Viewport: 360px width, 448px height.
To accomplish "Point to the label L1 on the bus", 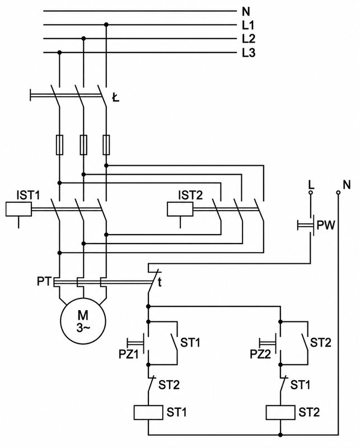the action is point(248,25).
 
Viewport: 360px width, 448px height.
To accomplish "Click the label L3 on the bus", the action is point(249,53).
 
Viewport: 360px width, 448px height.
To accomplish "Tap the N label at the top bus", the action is point(246,12).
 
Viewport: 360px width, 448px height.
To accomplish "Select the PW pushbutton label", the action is point(326,226).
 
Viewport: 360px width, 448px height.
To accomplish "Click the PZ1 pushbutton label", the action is point(129,354).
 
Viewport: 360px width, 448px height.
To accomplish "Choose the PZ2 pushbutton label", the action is point(260,354).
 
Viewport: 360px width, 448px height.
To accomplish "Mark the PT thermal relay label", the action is point(44,282).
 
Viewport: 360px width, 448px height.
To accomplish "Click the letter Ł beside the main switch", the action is point(115,99).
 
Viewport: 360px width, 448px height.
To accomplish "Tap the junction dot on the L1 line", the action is point(106,25).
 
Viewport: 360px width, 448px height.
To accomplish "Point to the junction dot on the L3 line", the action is point(59,53).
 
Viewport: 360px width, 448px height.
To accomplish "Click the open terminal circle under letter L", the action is point(311,193).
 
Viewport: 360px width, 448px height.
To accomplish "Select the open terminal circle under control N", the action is point(338,193).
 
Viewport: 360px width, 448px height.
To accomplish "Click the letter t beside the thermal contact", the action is point(160,282).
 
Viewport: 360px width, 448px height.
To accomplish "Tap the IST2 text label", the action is point(190,195).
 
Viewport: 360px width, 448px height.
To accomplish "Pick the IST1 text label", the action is point(29,195).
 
